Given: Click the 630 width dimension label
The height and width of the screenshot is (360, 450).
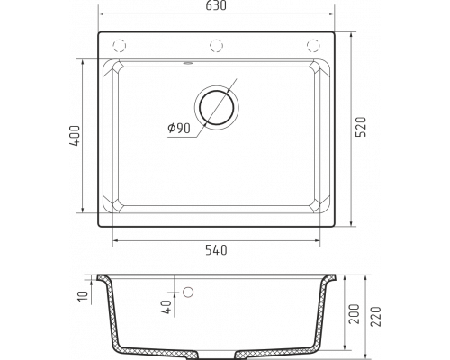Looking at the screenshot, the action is tap(216, 5).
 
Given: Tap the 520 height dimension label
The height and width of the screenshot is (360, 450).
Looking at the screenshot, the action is tap(361, 127).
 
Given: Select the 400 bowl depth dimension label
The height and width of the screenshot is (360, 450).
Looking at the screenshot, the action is tap(75, 136).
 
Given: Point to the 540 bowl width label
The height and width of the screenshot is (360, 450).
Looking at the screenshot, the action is tap(216, 250).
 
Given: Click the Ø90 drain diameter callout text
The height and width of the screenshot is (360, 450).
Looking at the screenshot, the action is tap(179, 129).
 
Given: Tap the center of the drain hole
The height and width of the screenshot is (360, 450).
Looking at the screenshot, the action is tap(217, 107).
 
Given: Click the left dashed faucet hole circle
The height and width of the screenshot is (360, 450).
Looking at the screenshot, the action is tap(119, 46).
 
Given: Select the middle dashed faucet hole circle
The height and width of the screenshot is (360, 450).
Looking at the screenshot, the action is tap(216, 46).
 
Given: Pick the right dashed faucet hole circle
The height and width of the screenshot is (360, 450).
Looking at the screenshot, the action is tap(313, 46).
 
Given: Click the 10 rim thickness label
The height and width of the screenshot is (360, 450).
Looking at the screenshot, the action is tap(84, 296).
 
